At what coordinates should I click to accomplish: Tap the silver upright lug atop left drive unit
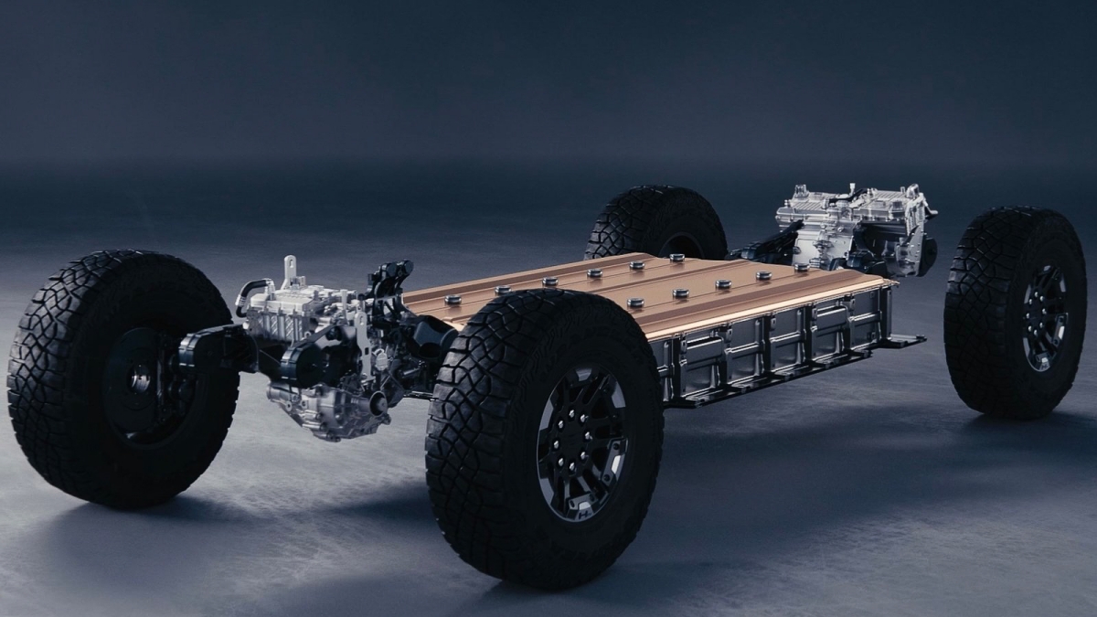(x=291, y=269)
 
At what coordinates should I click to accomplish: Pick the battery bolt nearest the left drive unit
(x=451, y=299)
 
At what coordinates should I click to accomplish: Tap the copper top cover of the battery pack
(x=640, y=283)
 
